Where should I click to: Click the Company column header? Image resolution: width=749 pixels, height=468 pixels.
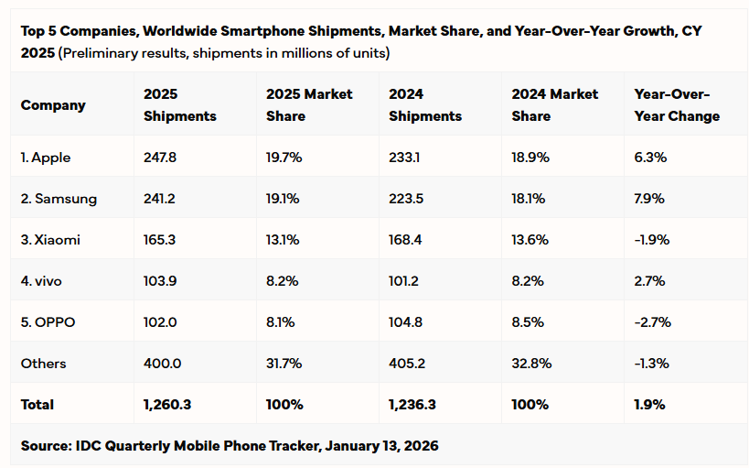pyautogui.click(x=53, y=105)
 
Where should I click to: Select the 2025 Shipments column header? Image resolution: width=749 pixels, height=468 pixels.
pyautogui.click(x=180, y=105)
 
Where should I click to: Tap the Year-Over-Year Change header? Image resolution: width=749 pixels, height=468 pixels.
pyautogui.click(x=677, y=105)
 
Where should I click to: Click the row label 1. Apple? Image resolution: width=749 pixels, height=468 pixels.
pyautogui.click(x=46, y=158)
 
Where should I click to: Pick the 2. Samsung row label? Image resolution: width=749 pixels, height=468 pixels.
pyautogui.click(x=59, y=199)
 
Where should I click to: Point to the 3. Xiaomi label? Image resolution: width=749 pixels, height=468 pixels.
pyautogui.click(x=50, y=240)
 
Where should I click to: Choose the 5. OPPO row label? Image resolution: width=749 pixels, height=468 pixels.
pyautogui.click(x=49, y=322)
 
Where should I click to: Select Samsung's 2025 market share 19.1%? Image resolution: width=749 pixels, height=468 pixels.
pyautogui.click(x=284, y=199)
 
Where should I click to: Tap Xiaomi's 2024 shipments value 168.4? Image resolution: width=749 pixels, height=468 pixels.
pyautogui.click(x=405, y=240)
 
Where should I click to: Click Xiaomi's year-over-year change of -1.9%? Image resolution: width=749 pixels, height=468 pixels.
pyautogui.click(x=652, y=240)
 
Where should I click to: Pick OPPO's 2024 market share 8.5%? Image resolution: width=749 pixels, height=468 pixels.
pyautogui.click(x=530, y=322)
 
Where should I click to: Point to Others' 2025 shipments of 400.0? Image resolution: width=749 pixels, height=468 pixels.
pyautogui.click(x=163, y=364)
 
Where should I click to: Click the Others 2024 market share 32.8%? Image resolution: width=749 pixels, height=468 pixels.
pyautogui.click(x=531, y=364)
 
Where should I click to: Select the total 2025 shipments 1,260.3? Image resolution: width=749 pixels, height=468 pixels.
pyautogui.click(x=167, y=405)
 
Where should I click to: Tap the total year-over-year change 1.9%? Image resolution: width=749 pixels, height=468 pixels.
pyautogui.click(x=649, y=405)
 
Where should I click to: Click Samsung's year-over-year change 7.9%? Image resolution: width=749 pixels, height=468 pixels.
pyautogui.click(x=649, y=199)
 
